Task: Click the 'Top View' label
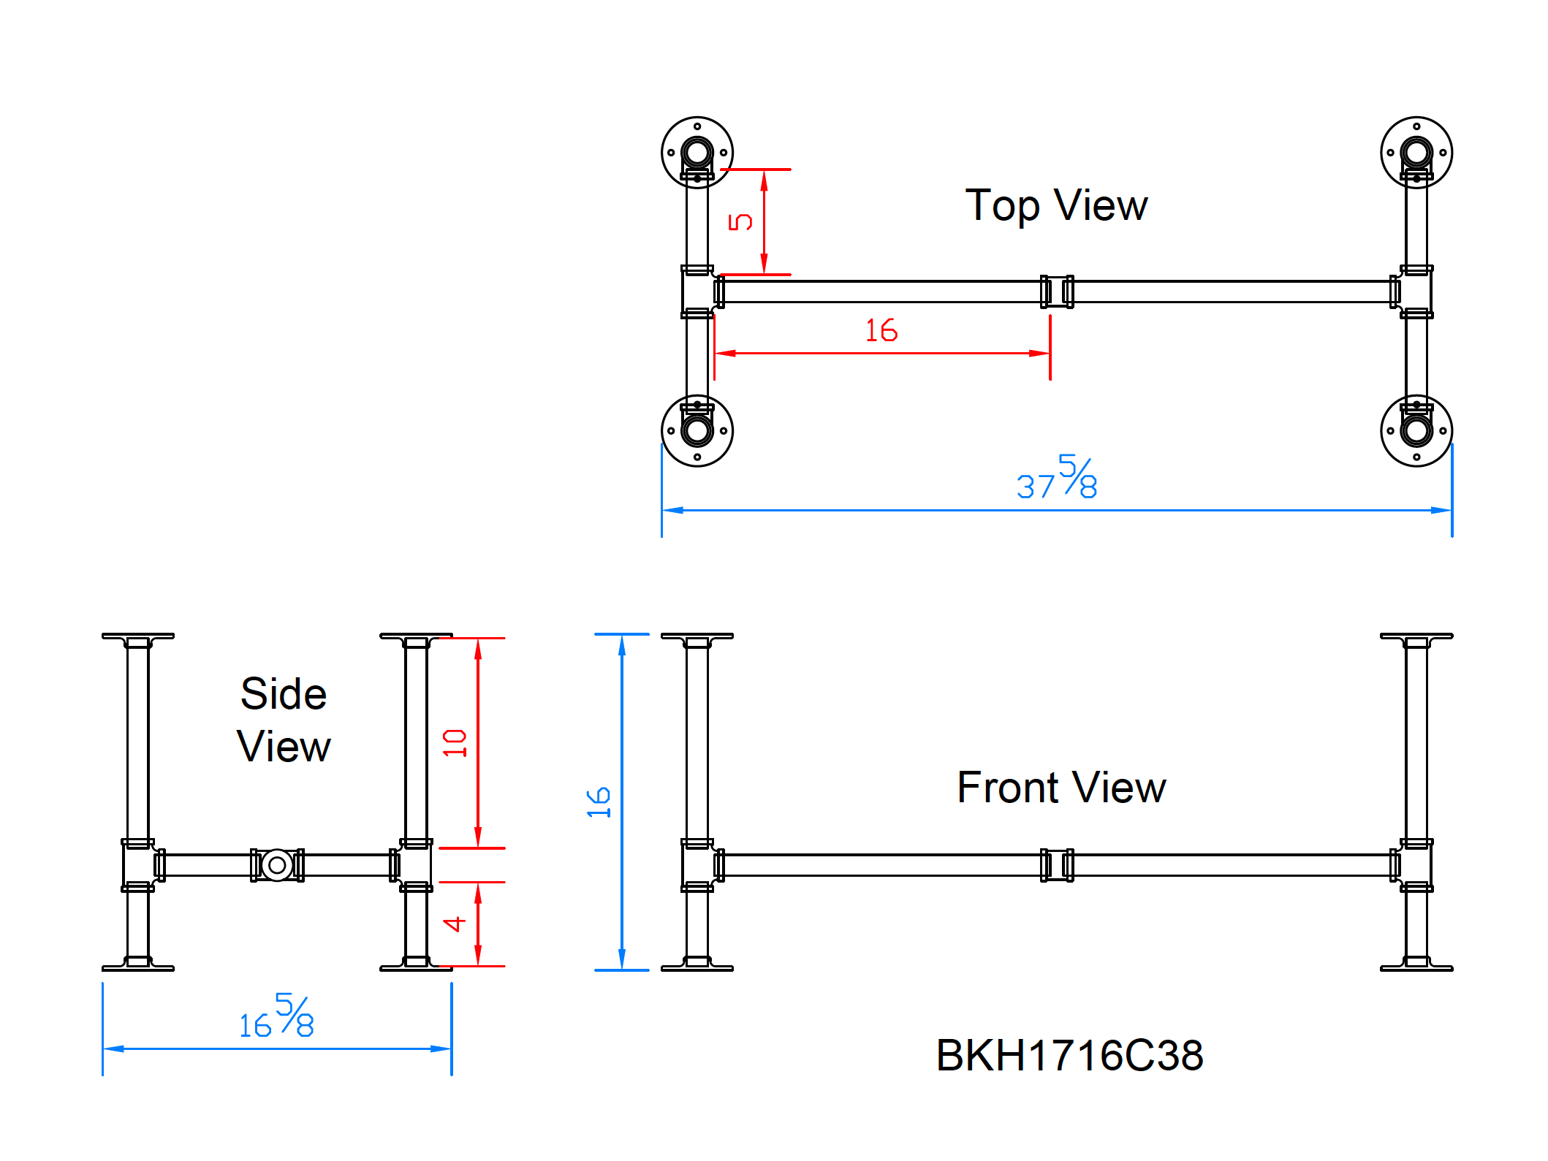[x=1055, y=205]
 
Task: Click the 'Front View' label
[x=1061, y=788]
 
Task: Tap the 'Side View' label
[x=284, y=720]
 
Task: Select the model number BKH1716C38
[x=1069, y=1055]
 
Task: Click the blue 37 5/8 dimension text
[x=1057, y=479]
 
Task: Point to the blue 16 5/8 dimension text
[x=277, y=1018]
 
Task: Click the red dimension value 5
[x=740, y=221]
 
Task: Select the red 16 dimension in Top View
[x=881, y=331]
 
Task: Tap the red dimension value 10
[x=455, y=743]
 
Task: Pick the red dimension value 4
[x=455, y=924]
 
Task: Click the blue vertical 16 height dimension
[x=599, y=802]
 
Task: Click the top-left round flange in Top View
[x=697, y=152]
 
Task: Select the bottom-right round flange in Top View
[x=1416, y=431]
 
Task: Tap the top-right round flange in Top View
[x=1416, y=152]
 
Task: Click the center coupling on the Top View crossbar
[x=1057, y=292]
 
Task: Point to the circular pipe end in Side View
[x=277, y=865]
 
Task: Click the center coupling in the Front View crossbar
[x=1057, y=865]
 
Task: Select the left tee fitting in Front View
[x=698, y=865]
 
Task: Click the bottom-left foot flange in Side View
[x=137, y=965]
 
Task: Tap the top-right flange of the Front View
[x=1416, y=637]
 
